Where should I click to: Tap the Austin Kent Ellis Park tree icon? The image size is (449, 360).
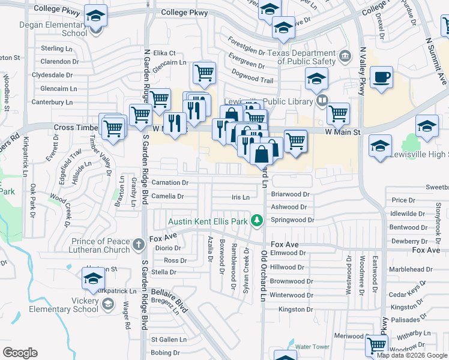click(x=257, y=221)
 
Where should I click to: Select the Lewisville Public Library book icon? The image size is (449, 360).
click(x=322, y=101)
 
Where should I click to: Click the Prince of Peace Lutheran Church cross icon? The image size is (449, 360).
click(x=139, y=244)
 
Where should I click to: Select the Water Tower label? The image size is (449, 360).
click(x=312, y=347)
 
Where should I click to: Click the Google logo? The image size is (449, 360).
click(x=20, y=353)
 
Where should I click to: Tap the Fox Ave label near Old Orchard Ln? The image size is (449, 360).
click(x=285, y=244)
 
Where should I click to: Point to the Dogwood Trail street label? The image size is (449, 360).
click(x=252, y=79)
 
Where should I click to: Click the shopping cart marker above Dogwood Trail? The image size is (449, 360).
click(x=204, y=73)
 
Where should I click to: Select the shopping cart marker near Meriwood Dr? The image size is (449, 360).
click(x=376, y=345)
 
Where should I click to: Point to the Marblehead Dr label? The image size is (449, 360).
click(x=410, y=269)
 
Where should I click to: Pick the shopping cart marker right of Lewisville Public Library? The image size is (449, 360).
click(x=339, y=112)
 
